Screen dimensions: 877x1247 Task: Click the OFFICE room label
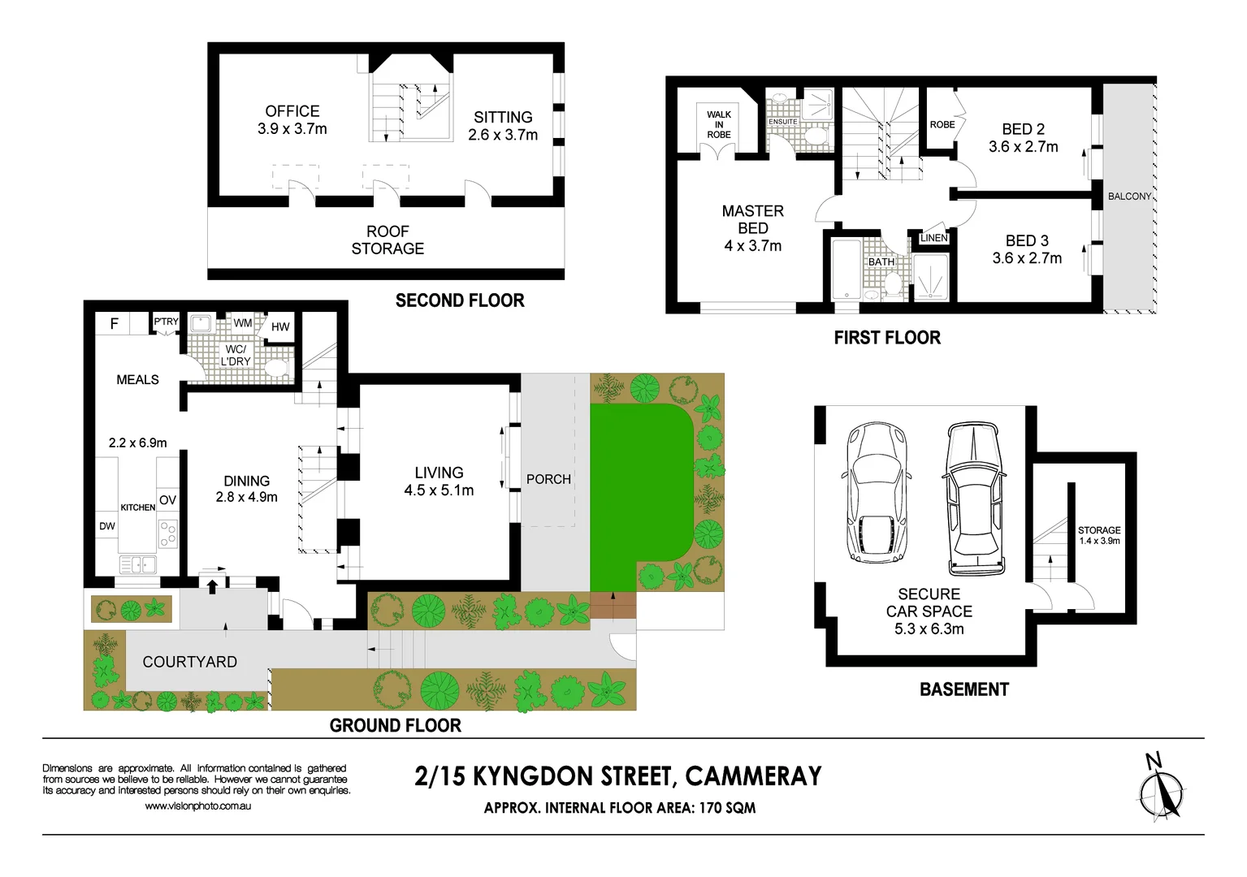click(x=292, y=111)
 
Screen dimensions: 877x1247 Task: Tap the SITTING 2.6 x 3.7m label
click(x=503, y=126)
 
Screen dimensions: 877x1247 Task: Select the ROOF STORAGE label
click(x=388, y=240)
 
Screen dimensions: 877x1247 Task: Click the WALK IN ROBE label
click(x=718, y=125)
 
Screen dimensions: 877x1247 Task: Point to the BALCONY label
click(x=1129, y=197)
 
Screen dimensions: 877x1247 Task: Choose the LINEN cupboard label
click(x=933, y=238)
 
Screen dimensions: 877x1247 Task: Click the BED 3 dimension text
click(x=1027, y=258)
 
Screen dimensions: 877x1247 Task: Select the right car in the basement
click(x=975, y=498)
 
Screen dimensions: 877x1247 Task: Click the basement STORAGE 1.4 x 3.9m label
click(x=1098, y=535)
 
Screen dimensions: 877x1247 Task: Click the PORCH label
click(x=548, y=479)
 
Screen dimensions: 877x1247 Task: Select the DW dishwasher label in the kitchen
click(x=107, y=526)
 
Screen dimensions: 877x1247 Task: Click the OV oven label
click(x=167, y=500)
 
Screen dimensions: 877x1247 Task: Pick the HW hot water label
click(x=280, y=327)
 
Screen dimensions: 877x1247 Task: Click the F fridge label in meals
click(x=114, y=324)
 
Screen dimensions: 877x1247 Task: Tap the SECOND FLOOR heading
click(x=460, y=300)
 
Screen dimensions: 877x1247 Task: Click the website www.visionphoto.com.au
click(x=197, y=806)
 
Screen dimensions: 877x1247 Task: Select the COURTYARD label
click(x=189, y=662)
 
